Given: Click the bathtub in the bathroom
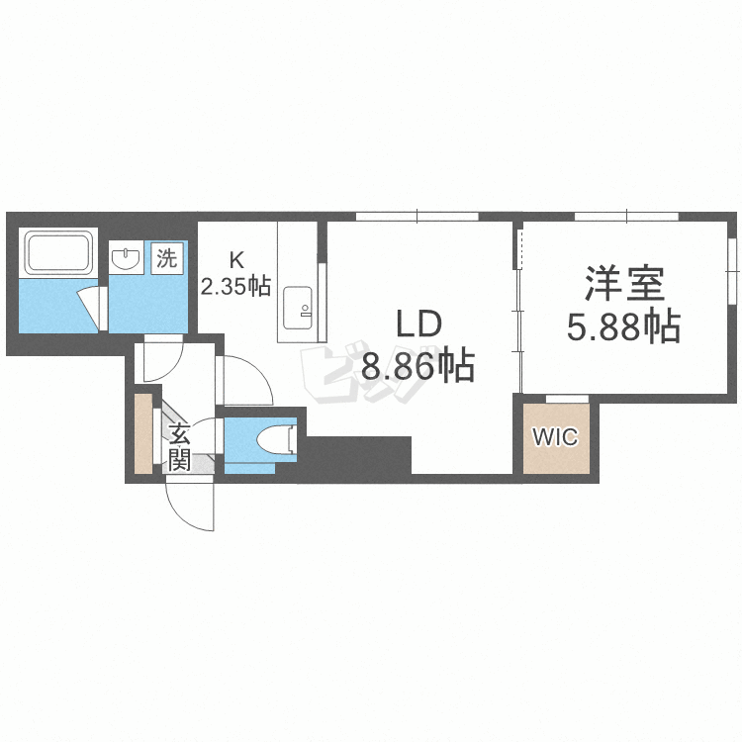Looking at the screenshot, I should click(59, 253).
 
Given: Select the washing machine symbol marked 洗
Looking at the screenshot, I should click(166, 259).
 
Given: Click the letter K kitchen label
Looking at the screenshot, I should click(236, 260).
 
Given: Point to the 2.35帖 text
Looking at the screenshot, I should click(236, 287).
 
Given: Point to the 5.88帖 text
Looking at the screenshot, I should click(623, 325).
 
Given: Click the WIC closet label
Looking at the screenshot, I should click(555, 437).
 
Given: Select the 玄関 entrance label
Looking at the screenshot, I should click(179, 446).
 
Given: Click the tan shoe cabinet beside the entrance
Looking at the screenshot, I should click(144, 433).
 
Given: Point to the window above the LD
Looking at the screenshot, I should click(417, 216).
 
